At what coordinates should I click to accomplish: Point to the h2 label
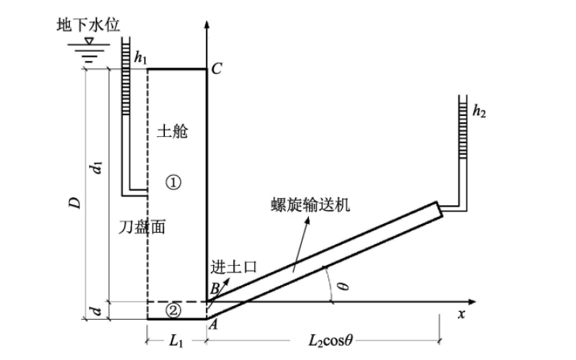(x=480, y=112)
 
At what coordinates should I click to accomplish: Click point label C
(x=217, y=69)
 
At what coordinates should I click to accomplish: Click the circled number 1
(x=173, y=182)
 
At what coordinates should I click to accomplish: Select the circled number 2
(x=173, y=310)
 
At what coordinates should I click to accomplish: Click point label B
(x=214, y=289)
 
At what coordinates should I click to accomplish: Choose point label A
(x=212, y=325)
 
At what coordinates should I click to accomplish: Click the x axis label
(x=462, y=315)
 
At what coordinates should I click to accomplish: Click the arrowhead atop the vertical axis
(x=207, y=27)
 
